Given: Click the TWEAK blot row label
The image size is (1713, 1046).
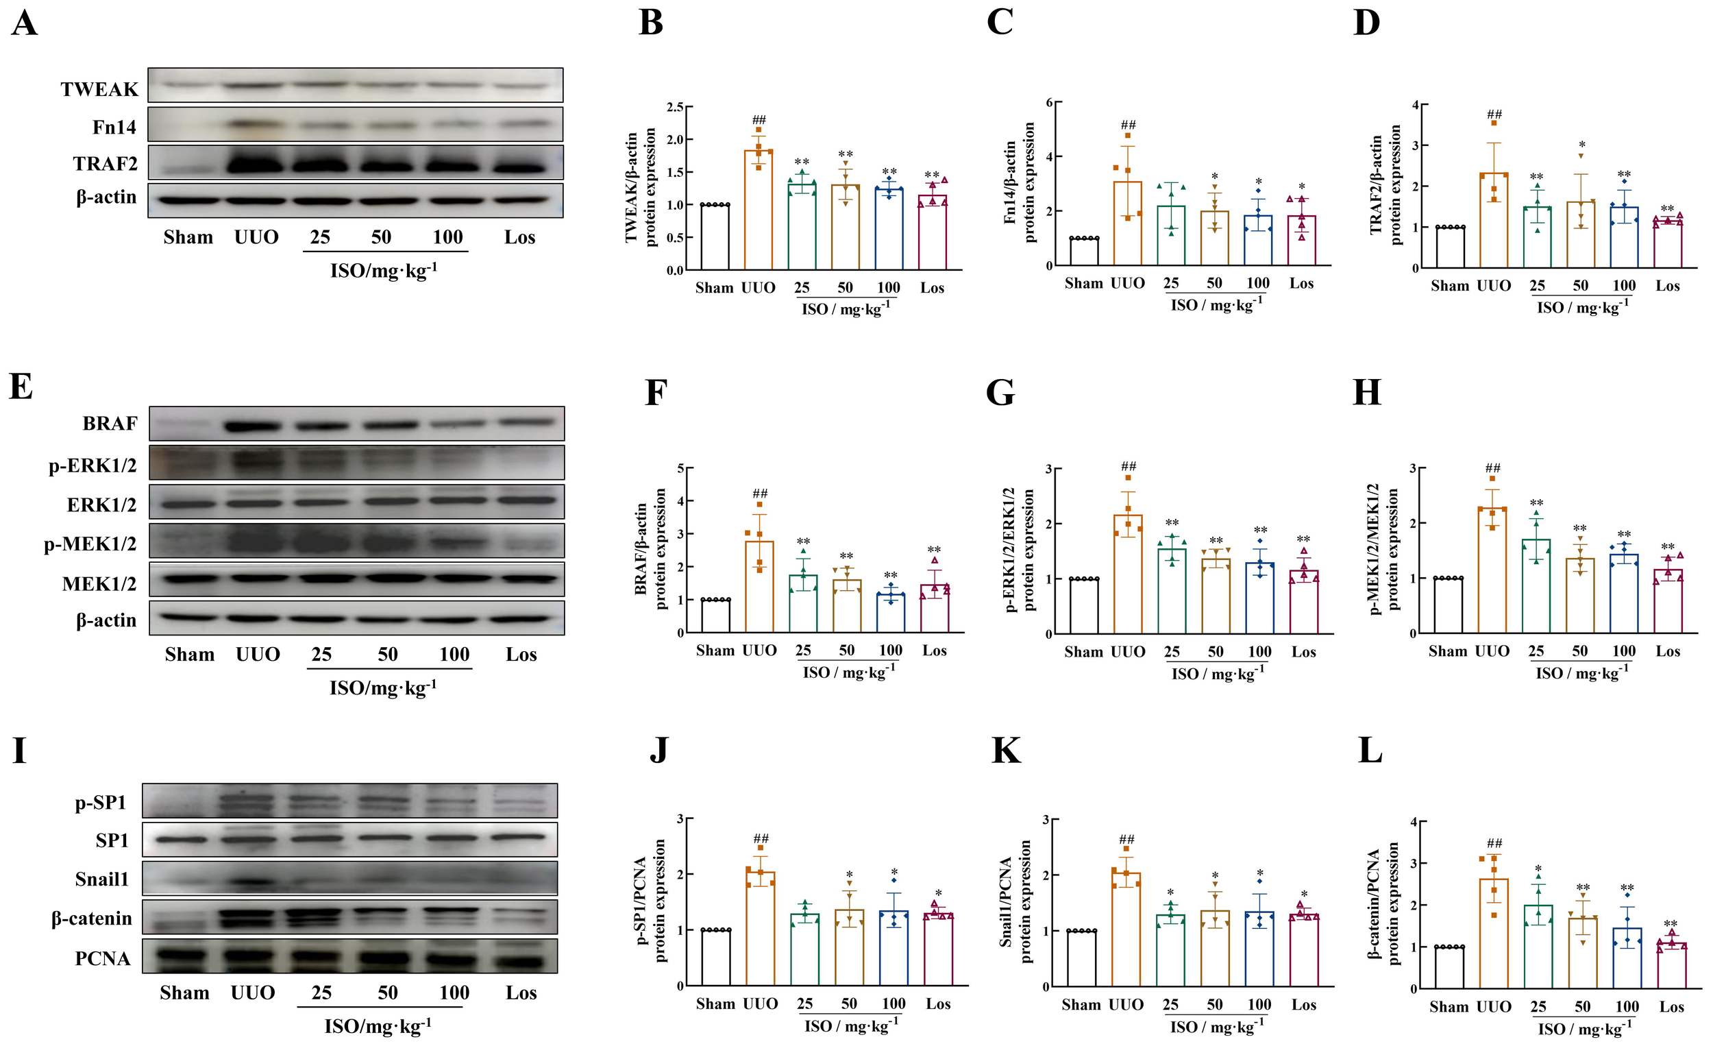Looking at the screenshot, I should coord(99,89).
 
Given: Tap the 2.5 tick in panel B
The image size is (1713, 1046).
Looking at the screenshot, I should coord(674,107).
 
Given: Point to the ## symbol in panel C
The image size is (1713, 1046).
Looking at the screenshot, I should coord(1128,125).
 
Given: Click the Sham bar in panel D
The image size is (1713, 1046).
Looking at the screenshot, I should coord(1450,247).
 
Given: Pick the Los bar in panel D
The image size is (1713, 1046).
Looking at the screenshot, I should coord(1668,244).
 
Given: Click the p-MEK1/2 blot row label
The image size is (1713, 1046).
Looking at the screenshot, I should coord(90,543).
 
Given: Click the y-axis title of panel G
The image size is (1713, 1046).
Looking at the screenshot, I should coord(1019,550).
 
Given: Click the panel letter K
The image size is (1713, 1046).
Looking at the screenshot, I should coord(1006,751).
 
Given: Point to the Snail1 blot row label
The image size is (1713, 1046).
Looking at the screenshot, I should coord(101,879).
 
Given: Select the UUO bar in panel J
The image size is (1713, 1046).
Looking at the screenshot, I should coord(761,929).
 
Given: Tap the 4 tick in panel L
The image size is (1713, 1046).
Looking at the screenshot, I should coord(1413,822).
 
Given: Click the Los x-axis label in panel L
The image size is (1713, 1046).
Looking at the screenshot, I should coord(1671,1006).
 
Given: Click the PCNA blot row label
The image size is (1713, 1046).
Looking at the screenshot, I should coord(102,958).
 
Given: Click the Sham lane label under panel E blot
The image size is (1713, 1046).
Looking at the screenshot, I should coord(189,655).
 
